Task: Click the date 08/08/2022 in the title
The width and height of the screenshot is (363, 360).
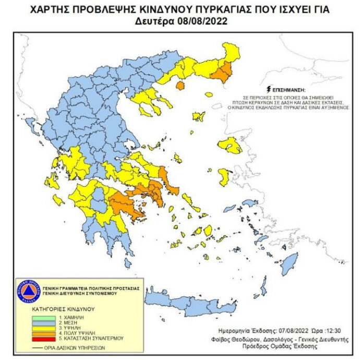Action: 203,21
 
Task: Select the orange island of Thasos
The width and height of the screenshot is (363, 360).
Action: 181,85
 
